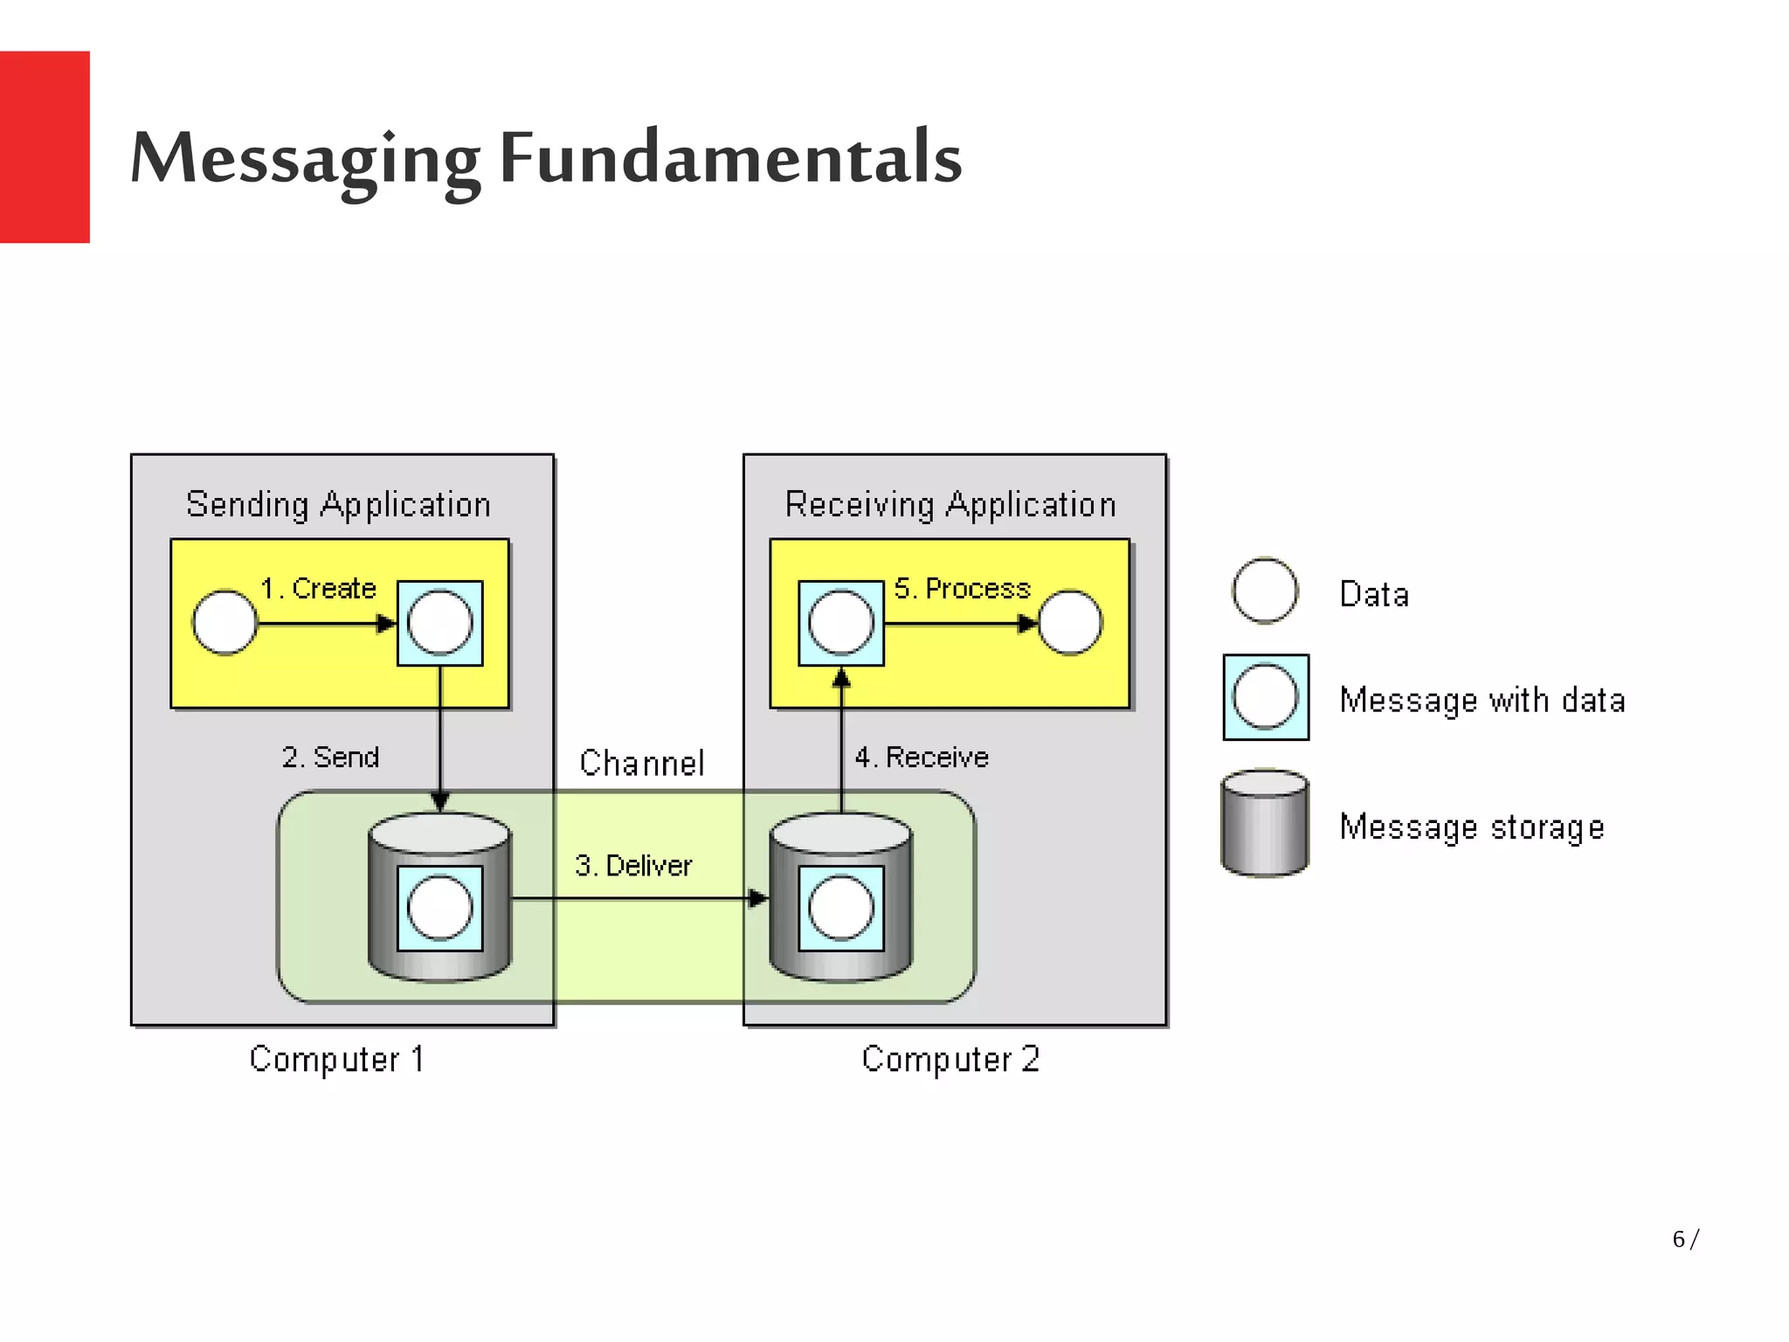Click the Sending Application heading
(338, 505)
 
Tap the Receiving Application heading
(950, 505)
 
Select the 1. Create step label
(318, 588)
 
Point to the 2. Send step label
(330, 757)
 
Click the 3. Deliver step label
(633, 865)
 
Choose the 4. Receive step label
(922, 757)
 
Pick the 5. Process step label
(962, 588)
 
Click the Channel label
(641, 763)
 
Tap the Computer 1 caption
(337, 1059)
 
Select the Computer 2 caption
(950, 1059)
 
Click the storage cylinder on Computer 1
(439, 961)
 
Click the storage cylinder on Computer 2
(840, 961)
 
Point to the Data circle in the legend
(1265, 591)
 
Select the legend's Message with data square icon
(1266, 697)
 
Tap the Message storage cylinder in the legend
(1265, 823)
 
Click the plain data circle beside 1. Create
(224, 623)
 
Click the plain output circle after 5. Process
(1070, 623)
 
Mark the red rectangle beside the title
(45, 147)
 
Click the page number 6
(1678, 1239)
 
